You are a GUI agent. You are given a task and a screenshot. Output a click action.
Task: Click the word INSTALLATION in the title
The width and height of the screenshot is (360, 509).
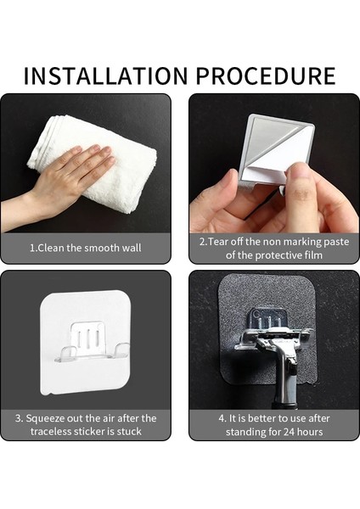point(106,76)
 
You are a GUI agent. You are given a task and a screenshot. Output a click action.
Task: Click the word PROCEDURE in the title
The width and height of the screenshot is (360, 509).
point(266,76)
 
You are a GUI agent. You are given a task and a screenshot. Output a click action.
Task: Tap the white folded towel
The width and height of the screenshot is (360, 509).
point(98,162)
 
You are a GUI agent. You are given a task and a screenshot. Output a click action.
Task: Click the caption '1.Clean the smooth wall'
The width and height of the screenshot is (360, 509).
point(86,248)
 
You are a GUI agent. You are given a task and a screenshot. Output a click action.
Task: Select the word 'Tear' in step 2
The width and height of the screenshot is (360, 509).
point(217,242)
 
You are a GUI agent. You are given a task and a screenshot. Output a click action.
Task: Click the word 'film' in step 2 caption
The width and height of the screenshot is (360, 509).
point(313,255)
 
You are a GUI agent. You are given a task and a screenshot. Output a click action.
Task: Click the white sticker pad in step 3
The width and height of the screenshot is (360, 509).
point(86,343)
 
